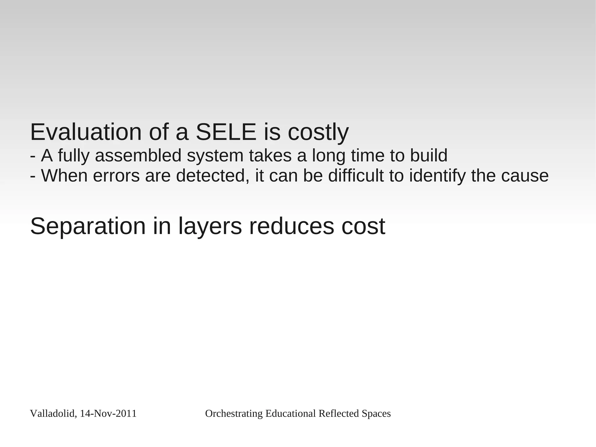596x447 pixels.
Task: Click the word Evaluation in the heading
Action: tap(86, 132)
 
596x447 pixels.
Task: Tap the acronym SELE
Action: tap(226, 132)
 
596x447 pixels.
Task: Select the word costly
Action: tap(318, 133)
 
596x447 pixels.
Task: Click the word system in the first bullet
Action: tap(215, 156)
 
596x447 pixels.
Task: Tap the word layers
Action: tap(210, 227)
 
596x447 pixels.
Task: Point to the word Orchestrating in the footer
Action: tap(234, 414)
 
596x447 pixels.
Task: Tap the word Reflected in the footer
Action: tap(339, 414)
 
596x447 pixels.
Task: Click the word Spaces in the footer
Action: tap(376, 414)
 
